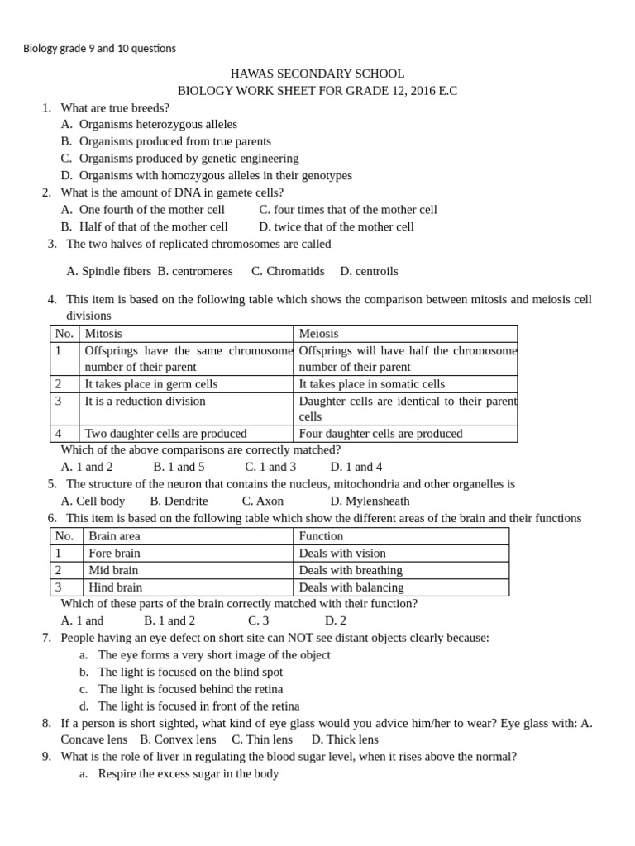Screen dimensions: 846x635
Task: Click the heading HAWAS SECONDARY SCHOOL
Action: pyautogui.click(x=317, y=74)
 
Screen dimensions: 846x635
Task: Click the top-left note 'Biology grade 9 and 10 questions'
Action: pyautogui.click(x=99, y=48)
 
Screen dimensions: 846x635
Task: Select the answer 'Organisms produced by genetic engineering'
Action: pyautogui.click(x=189, y=159)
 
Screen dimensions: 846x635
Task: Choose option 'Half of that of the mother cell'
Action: pyautogui.click(x=153, y=226)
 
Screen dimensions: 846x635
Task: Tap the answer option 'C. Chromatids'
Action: pyautogui.click(x=288, y=271)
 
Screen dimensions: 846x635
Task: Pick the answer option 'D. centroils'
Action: pyautogui.click(x=369, y=271)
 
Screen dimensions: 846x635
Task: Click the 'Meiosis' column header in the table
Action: pyautogui.click(x=318, y=334)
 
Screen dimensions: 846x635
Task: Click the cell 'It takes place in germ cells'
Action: pyautogui.click(x=151, y=384)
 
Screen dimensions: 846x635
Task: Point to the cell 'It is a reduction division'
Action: pyautogui.click(x=146, y=402)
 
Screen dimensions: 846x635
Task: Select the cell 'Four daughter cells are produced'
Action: pyautogui.click(x=380, y=434)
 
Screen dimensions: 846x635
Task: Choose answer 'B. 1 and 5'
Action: pyautogui.click(x=179, y=467)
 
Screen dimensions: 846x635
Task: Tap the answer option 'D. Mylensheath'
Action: pyautogui.click(x=370, y=501)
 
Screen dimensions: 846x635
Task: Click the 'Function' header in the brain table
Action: pyautogui.click(x=321, y=536)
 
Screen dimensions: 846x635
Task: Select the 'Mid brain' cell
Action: pyautogui.click(x=113, y=570)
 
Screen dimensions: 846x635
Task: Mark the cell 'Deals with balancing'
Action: pyautogui.click(x=351, y=587)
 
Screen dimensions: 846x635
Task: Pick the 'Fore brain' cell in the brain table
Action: pyautogui.click(x=114, y=554)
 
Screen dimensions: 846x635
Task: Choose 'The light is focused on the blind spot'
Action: pyautogui.click(x=189, y=673)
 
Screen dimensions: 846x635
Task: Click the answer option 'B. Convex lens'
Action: pyautogui.click(x=178, y=739)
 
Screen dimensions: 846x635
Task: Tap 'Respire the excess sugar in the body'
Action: pyautogui.click(x=188, y=774)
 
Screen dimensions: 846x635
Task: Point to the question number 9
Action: pyautogui.click(x=47, y=757)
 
